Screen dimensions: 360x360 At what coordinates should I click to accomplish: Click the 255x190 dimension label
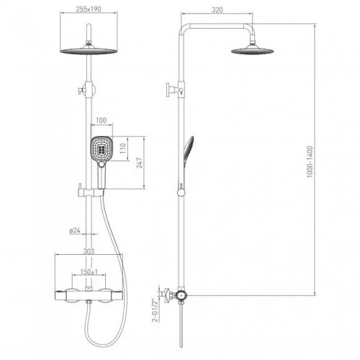[89, 9]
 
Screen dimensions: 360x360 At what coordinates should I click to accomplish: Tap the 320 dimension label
[217, 10]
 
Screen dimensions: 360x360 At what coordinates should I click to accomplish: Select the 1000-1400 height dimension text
[310, 162]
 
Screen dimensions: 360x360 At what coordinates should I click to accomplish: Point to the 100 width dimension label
[101, 120]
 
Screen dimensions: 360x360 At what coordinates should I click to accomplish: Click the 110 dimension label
[122, 148]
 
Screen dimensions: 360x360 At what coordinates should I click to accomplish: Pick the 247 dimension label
[140, 163]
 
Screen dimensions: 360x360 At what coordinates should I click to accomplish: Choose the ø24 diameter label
[75, 230]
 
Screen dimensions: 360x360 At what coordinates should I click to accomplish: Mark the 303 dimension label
[89, 251]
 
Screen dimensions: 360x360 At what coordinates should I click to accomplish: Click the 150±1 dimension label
[89, 272]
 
